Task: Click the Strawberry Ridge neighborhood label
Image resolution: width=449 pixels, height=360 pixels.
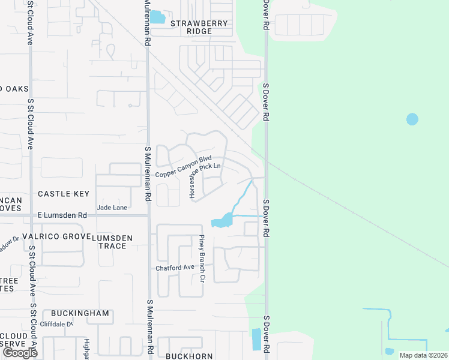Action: click(x=199, y=27)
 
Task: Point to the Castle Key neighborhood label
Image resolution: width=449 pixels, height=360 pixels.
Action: click(x=64, y=194)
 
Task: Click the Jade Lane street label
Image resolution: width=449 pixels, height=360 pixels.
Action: click(x=112, y=208)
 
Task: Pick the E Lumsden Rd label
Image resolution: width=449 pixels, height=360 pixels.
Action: click(x=62, y=215)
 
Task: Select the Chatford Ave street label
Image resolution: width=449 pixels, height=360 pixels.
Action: click(x=175, y=268)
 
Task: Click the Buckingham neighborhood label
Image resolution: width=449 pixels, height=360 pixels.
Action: click(x=80, y=313)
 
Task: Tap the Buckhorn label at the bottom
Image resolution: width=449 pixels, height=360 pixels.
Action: click(x=189, y=356)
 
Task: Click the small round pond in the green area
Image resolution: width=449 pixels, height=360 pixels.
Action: click(x=412, y=119)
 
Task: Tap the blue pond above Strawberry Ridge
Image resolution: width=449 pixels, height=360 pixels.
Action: click(x=157, y=17)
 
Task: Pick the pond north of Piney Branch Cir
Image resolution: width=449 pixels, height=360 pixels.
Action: click(x=221, y=221)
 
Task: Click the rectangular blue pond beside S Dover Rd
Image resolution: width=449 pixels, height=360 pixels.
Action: click(x=256, y=340)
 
